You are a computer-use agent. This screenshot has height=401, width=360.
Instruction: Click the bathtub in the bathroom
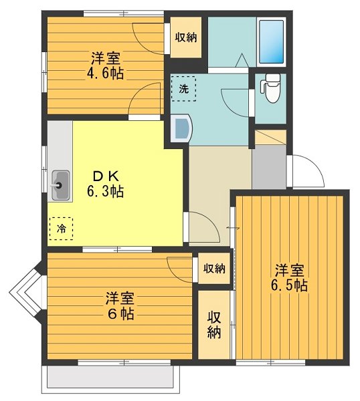272,41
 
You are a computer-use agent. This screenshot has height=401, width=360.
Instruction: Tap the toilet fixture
271,90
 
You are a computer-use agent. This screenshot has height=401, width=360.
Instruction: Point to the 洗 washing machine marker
183,88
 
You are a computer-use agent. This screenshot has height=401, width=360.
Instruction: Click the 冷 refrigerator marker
61,229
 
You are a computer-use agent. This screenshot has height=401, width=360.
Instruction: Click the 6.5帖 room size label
289,285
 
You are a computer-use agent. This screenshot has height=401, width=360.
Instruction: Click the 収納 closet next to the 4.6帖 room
186,37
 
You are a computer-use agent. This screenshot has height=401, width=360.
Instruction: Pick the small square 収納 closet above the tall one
213,269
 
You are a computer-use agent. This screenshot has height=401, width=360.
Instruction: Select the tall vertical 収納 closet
213,324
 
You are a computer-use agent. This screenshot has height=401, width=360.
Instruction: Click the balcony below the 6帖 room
110,380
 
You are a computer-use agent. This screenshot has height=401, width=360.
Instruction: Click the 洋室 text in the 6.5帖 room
289,271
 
